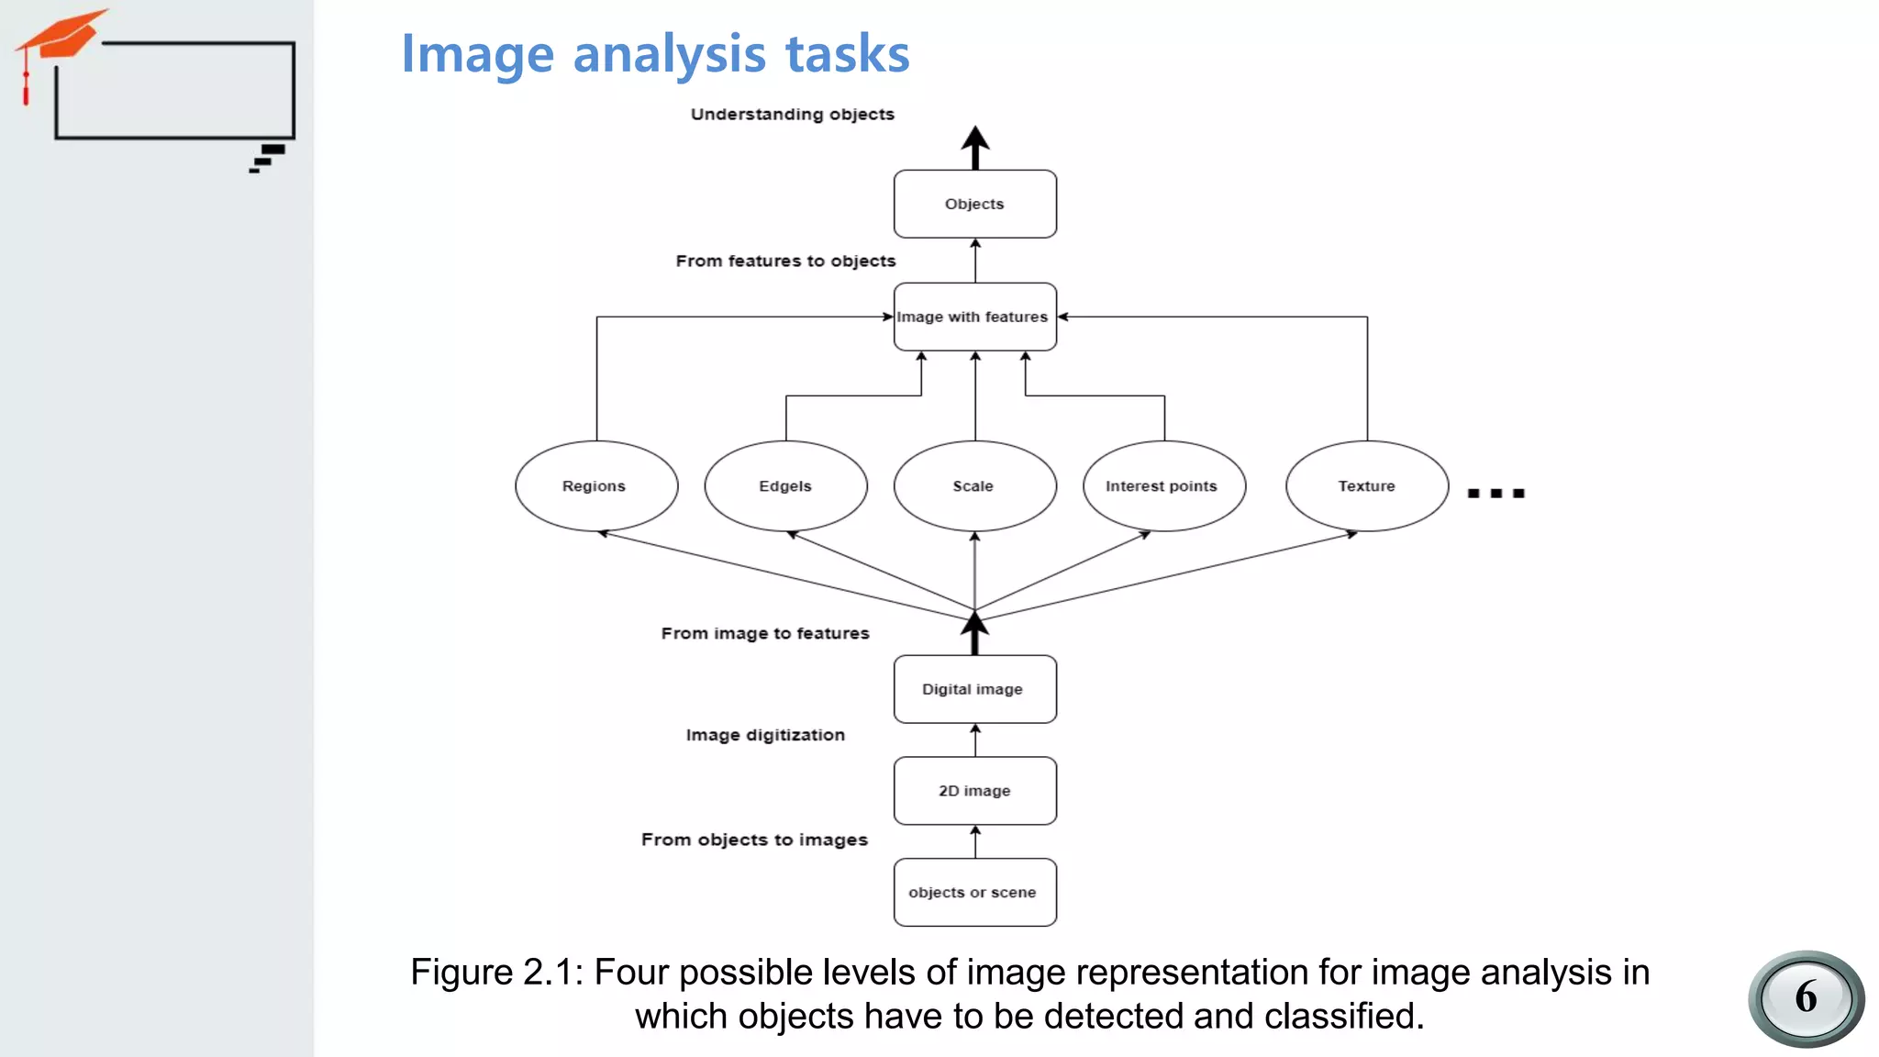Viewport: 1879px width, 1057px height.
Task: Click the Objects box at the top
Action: [974, 204]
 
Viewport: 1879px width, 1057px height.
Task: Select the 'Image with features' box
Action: [974, 317]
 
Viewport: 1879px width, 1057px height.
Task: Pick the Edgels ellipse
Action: [785, 486]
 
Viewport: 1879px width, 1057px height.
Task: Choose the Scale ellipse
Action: [974, 486]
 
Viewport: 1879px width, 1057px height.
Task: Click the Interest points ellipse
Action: [1163, 486]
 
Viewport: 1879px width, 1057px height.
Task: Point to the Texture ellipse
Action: [1367, 486]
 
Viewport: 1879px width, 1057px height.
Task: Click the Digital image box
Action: [974, 689]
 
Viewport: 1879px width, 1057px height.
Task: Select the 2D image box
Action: [974, 791]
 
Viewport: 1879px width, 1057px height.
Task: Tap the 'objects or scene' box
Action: [974, 892]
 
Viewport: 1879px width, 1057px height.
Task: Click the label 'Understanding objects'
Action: [792, 115]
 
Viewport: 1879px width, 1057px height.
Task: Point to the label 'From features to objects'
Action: [785, 261]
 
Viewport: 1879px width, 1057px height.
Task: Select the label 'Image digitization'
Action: [765, 735]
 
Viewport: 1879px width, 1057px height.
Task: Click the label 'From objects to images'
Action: [754, 840]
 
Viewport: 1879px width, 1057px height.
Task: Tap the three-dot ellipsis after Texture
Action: [1495, 494]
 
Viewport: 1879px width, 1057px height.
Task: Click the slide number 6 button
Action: [1806, 998]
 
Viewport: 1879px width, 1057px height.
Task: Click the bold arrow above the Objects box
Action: [974, 147]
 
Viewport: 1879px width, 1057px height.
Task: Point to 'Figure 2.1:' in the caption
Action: [496, 973]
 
